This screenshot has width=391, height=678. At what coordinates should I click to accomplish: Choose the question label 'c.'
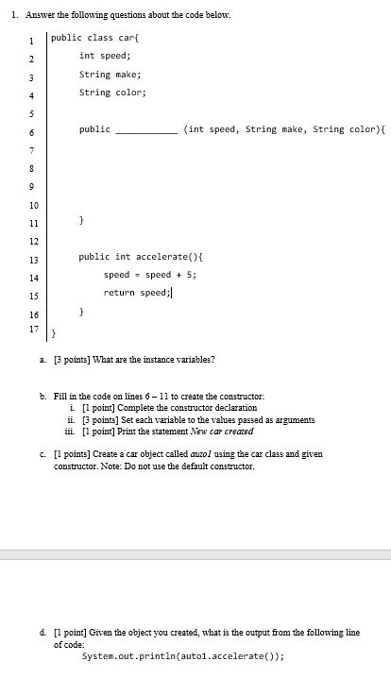(x=57, y=454)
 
